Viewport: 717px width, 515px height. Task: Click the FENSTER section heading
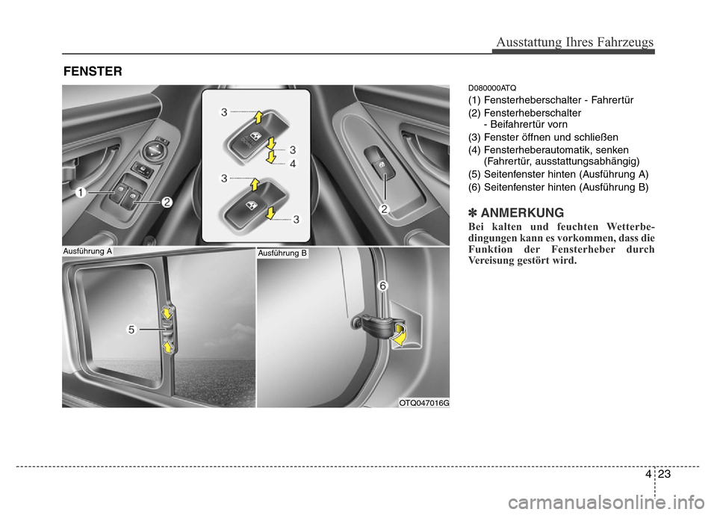(93, 72)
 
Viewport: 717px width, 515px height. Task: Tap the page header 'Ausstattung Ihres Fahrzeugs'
(575, 42)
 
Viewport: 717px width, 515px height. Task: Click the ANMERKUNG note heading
(522, 213)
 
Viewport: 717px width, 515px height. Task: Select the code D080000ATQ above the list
(492, 88)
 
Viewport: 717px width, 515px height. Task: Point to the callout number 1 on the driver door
(81, 193)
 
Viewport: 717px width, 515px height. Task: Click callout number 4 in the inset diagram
(293, 164)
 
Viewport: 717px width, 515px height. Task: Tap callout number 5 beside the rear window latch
(131, 329)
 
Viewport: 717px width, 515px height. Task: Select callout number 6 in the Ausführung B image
(382, 286)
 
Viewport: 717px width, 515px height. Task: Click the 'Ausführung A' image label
(87, 251)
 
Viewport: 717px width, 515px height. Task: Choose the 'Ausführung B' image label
(282, 253)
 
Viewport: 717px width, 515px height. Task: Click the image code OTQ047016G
(424, 403)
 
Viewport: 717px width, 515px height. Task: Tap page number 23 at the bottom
(665, 474)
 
